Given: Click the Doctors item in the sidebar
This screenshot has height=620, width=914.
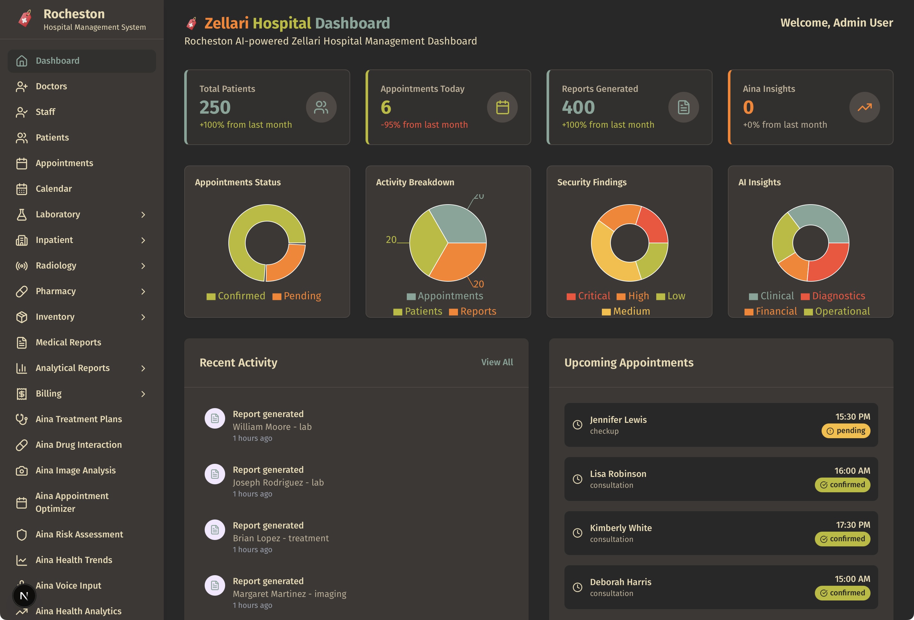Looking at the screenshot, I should pos(51,86).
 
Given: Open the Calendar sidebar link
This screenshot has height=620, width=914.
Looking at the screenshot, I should pos(53,189).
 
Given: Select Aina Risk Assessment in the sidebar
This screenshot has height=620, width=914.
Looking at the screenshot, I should pos(79,534).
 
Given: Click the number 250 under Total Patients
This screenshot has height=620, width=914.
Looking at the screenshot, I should pos(215,107).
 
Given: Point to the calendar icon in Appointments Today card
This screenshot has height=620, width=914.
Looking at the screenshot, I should pos(502,107).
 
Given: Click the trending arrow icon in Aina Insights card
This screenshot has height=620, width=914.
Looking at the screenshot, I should pos(864,107).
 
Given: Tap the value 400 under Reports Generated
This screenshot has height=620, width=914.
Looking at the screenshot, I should pos(578,107).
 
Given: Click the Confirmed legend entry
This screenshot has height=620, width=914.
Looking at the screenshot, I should pos(236,296).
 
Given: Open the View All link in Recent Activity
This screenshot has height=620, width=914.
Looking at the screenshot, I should pos(497,362).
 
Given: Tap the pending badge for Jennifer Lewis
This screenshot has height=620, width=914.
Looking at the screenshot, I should pos(846,431).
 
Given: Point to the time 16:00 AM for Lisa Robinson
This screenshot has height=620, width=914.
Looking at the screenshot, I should pos(852,471).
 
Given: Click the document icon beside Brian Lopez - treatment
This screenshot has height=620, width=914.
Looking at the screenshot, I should pos(215,529).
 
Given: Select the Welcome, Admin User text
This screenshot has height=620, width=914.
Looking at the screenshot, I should pos(837,23).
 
